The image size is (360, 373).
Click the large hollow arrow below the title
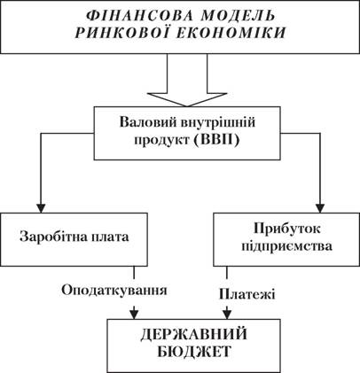click(187, 80)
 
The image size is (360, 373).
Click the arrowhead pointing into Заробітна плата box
click(41, 208)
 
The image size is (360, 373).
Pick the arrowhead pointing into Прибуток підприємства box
click(320, 208)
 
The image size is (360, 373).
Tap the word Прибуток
click(286, 229)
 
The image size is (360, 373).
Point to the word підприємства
click(286, 246)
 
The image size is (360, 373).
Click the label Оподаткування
click(114, 291)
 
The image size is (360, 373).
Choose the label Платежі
click(247, 294)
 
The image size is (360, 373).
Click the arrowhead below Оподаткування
click(135, 314)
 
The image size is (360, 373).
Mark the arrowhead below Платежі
click(227, 314)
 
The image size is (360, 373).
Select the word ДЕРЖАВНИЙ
click(193, 335)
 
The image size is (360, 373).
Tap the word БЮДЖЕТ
click(193, 352)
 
